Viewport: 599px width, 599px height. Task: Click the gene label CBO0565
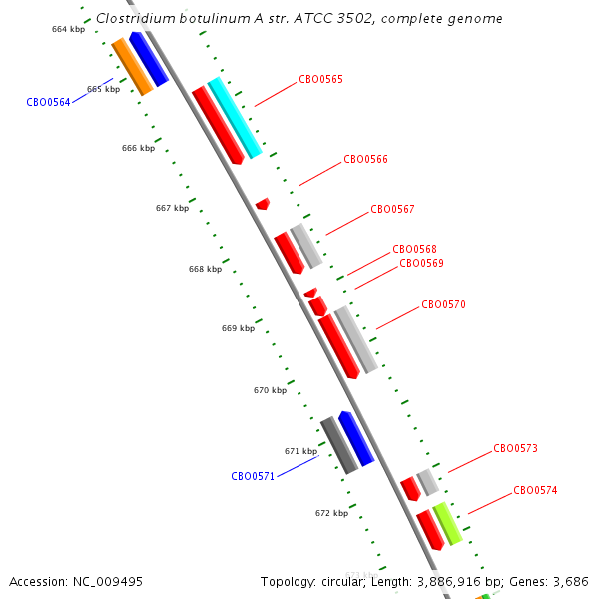pyautogui.click(x=320, y=79)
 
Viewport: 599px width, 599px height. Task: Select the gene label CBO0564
pyautogui.click(x=48, y=102)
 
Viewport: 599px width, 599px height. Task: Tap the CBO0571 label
pyautogui.click(x=253, y=476)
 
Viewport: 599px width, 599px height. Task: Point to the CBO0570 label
pyautogui.click(x=443, y=304)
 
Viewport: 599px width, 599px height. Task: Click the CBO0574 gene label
pyautogui.click(x=535, y=490)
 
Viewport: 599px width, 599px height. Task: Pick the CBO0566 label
pyautogui.click(x=365, y=159)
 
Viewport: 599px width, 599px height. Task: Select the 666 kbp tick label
pyautogui.click(x=139, y=148)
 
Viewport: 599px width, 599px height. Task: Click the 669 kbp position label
pyautogui.click(x=238, y=328)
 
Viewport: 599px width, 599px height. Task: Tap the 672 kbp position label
pyautogui.click(x=331, y=513)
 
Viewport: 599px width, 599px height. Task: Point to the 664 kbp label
pyautogui.click(x=68, y=29)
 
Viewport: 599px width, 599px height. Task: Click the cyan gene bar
pyautogui.click(x=235, y=117)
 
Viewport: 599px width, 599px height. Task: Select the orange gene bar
pyautogui.click(x=132, y=67)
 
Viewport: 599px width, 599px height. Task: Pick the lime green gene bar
pyautogui.click(x=447, y=524)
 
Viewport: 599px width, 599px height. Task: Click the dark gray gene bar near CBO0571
pyautogui.click(x=339, y=445)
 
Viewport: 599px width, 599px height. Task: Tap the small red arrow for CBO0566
pyautogui.click(x=263, y=204)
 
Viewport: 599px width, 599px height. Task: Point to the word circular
pyautogui.click(x=343, y=581)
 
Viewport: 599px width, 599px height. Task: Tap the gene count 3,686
pyautogui.click(x=571, y=581)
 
